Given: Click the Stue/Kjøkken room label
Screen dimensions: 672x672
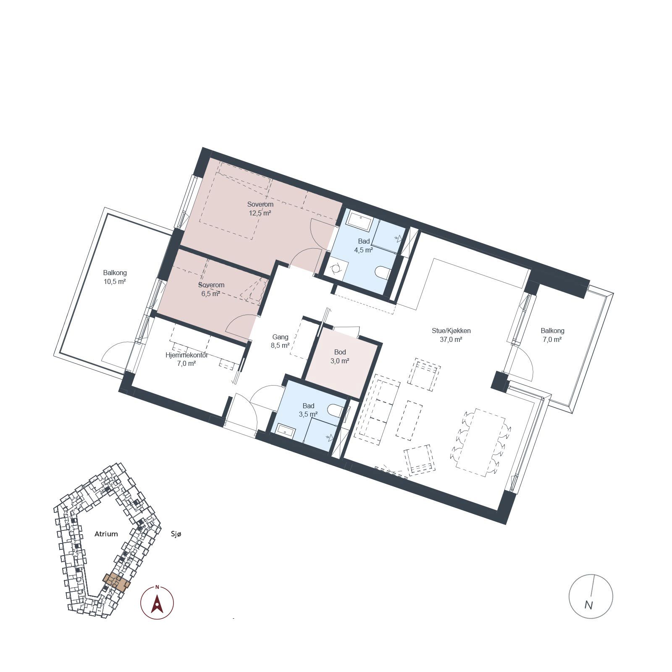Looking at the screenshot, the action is pos(451,331).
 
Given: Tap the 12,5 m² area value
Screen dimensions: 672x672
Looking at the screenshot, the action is pos(260,213).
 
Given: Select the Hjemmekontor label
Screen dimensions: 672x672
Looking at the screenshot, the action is pos(186,355).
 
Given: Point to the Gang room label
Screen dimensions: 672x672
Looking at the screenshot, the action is pos(280,337).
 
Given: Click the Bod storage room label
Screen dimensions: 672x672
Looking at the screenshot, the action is pos(340,352).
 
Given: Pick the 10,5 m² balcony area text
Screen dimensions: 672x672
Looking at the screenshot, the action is pos(115,281).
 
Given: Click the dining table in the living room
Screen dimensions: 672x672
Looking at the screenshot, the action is pos(481,442).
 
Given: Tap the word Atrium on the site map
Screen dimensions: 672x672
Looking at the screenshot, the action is pos(106,534).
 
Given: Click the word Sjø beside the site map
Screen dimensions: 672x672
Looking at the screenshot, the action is pos(176,534).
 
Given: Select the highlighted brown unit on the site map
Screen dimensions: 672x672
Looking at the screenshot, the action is pos(117,582).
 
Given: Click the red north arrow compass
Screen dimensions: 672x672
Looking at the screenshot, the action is pos(157,602).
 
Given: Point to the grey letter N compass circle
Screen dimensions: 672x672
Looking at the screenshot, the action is pos(591,596).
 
